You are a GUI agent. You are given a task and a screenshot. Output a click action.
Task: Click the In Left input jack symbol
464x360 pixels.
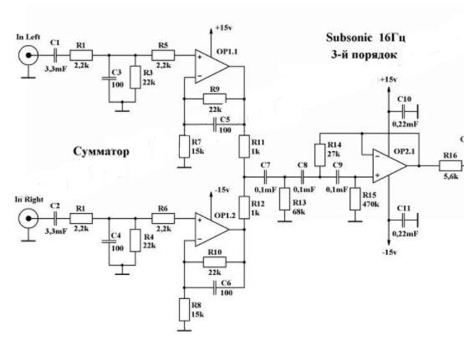(28, 55)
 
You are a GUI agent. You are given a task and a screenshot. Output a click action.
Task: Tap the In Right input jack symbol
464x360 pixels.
(28, 219)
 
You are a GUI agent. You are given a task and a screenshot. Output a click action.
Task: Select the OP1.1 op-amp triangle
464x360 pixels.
(212, 67)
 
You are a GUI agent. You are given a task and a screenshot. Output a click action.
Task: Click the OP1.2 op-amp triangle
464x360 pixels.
(212, 230)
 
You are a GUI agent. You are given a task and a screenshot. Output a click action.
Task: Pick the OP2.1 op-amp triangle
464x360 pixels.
(390, 166)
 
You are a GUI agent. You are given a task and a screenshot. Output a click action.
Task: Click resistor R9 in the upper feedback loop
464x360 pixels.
(215, 99)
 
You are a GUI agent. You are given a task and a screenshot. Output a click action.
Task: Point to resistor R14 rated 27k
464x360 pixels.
(320, 155)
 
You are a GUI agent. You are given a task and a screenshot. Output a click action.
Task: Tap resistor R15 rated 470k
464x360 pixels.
(355, 199)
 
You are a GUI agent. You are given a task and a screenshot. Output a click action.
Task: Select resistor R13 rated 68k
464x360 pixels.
(285, 199)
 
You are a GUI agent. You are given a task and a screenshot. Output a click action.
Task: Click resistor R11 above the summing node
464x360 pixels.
(244, 147)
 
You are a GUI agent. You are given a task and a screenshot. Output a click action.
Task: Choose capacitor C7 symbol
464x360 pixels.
(265, 177)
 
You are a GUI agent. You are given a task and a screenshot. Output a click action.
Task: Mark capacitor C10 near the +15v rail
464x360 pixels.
(404, 112)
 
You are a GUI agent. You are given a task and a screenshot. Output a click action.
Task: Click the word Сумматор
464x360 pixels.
(101, 152)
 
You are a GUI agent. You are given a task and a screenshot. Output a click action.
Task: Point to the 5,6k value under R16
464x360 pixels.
(451, 177)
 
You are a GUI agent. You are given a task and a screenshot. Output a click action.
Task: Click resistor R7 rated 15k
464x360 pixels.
(184, 147)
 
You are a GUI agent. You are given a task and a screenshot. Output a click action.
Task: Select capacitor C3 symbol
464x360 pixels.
(109, 79)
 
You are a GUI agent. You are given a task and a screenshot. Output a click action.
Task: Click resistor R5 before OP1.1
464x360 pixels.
(163, 55)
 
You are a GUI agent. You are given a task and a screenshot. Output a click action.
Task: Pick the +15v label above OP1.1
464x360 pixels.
(224, 28)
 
